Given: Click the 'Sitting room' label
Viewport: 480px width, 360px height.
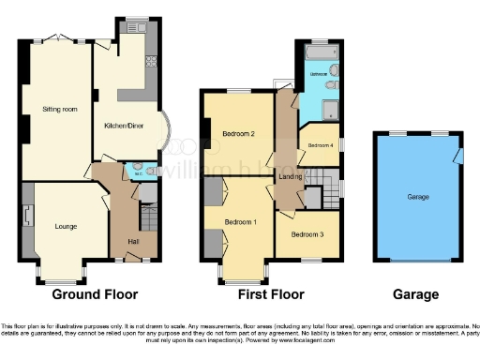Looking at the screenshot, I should tap(58, 110).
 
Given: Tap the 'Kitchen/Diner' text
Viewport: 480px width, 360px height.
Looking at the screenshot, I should tap(123, 125).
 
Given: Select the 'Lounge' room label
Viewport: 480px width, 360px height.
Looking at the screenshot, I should tap(66, 226).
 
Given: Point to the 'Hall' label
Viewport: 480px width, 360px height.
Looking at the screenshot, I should tap(121, 243).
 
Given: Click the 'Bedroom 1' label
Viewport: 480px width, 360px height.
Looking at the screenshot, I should tap(241, 222).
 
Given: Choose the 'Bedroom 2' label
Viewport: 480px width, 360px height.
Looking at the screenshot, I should tap(240, 134).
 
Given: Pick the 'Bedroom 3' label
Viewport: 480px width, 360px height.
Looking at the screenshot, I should tap(307, 233).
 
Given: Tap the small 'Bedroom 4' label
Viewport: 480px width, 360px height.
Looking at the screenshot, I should tap(322, 144).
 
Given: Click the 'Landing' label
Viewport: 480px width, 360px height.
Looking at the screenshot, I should tap(290, 176).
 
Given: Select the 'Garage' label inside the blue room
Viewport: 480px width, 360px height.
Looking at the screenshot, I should tap(418, 198).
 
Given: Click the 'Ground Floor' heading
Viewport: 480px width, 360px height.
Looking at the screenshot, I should tap(95, 294).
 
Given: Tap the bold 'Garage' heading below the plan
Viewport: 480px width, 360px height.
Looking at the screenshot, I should tap(415, 294).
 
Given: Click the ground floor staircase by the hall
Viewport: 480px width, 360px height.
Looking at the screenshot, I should tap(147, 219).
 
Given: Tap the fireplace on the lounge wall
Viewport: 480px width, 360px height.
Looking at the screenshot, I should tap(27, 217).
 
